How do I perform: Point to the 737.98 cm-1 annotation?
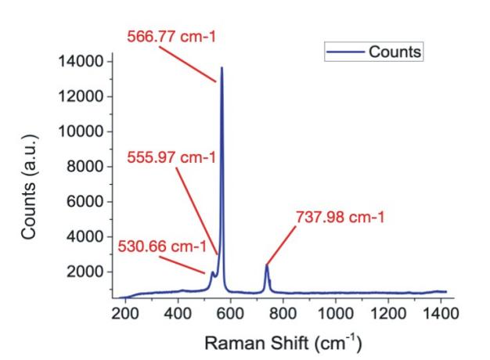point(340,215)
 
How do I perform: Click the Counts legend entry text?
point(395,52)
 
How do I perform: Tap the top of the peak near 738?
point(267,266)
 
